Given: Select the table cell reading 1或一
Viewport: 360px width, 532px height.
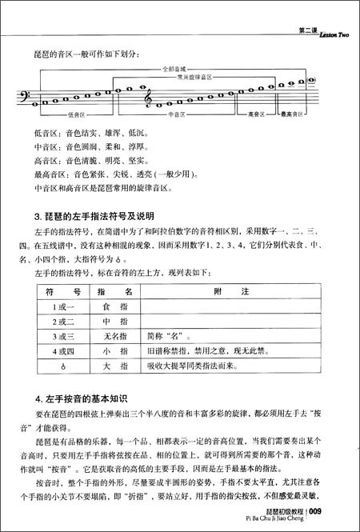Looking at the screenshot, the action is click(x=62, y=308).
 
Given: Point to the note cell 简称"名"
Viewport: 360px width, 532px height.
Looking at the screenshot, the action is click(x=163, y=336).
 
